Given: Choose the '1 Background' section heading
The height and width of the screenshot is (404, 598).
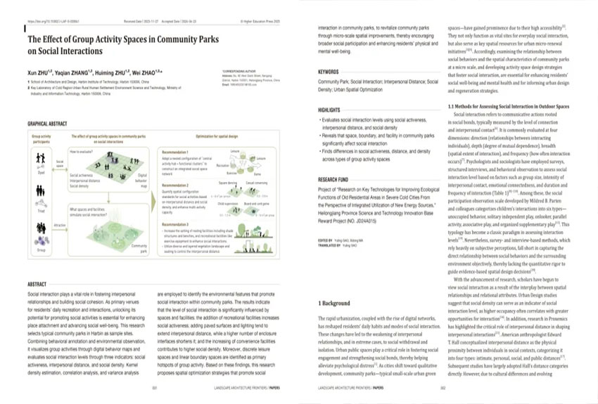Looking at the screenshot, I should coord(330,304).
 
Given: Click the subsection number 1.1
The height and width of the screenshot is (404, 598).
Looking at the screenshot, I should coord(452,106).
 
